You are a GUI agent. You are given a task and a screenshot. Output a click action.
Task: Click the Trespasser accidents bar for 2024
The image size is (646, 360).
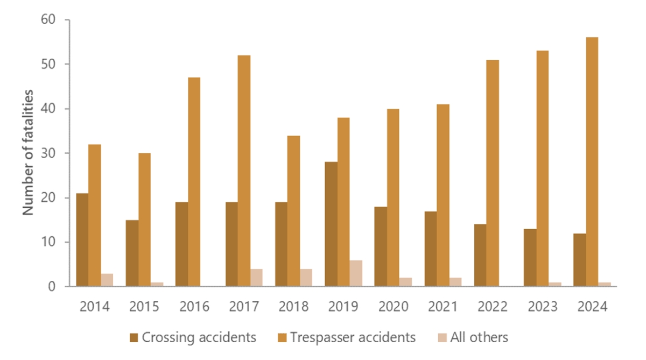(x=592, y=161)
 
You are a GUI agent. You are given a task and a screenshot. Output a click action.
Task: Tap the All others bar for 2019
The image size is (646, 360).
(x=356, y=273)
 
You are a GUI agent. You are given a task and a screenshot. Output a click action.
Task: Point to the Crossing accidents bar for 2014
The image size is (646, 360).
(x=82, y=239)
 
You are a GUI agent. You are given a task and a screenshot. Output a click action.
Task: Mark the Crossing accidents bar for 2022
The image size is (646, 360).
(x=480, y=255)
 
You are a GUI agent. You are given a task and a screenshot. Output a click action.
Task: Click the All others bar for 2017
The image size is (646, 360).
(x=256, y=278)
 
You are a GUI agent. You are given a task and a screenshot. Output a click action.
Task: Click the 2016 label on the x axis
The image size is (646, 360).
(x=194, y=307)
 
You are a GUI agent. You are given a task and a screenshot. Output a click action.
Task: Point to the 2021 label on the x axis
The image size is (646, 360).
(x=443, y=307)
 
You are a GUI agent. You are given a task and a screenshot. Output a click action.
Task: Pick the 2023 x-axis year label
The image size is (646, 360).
(x=543, y=307)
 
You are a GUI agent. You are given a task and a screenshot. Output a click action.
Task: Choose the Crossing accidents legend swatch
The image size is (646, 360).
(x=134, y=338)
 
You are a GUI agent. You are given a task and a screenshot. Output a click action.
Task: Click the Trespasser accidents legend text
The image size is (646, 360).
(x=353, y=338)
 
